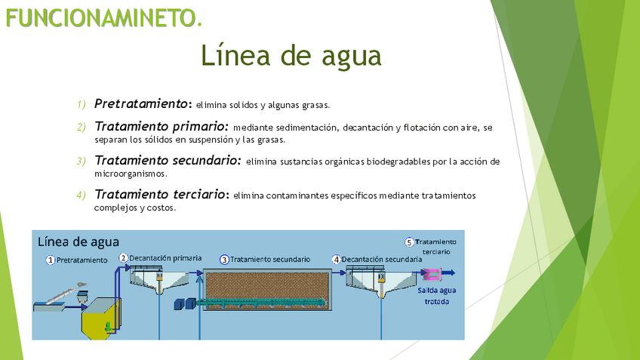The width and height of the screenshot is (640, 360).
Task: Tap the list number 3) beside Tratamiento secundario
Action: (82, 161)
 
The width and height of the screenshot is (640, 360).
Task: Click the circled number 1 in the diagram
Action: (51, 260)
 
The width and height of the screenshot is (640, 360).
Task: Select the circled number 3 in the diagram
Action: (224, 259)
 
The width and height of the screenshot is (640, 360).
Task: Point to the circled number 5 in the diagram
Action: (409, 242)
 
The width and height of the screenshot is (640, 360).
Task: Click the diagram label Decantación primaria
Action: (165, 258)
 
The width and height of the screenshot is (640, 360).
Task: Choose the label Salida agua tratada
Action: (437, 295)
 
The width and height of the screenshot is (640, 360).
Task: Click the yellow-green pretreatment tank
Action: (100, 321)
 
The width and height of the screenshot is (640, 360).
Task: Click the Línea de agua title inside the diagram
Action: (78, 242)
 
